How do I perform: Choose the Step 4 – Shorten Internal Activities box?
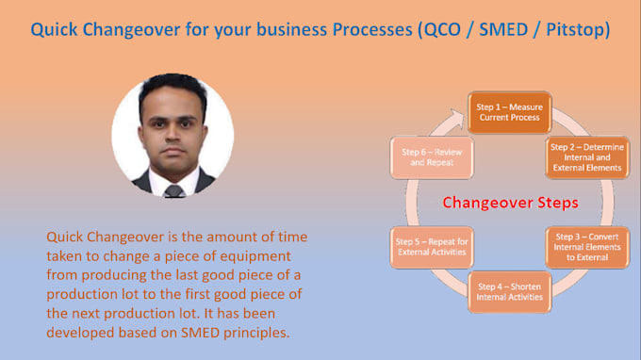(509, 291)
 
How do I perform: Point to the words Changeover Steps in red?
(510, 203)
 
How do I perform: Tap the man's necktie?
(173, 189)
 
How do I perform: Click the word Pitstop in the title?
(576, 29)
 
